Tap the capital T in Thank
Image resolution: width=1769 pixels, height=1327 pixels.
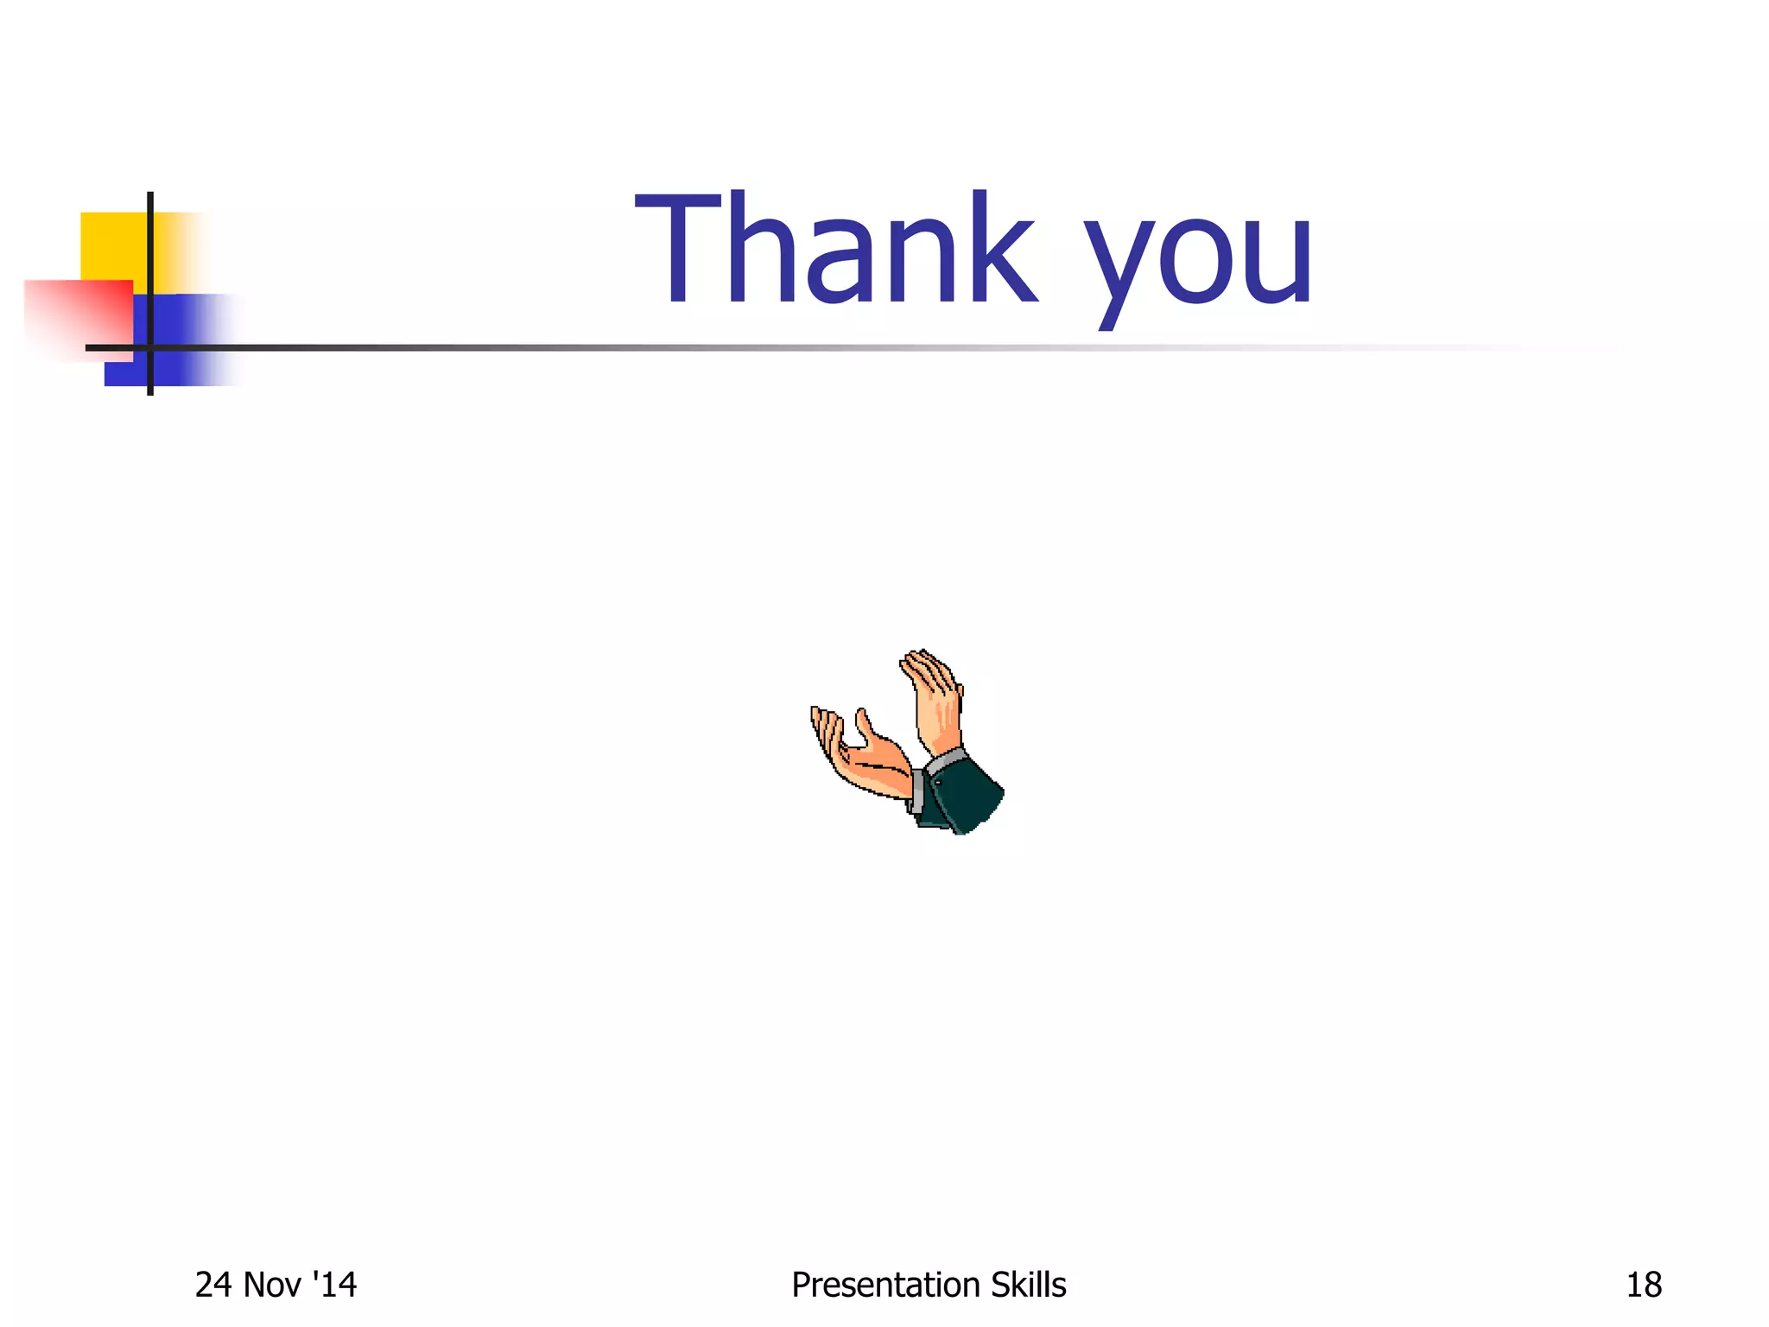point(679,249)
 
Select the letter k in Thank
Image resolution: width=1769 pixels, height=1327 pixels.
point(999,249)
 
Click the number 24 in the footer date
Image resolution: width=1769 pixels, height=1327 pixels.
point(213,1286)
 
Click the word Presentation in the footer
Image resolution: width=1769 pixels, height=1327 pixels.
point(886,1286)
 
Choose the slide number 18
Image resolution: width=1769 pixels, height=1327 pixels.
point(1644,1286)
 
